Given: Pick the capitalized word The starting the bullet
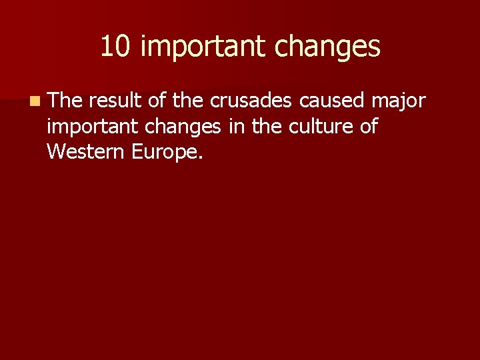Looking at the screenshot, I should pyautogui.click(x=65, y=101).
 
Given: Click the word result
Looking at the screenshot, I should pyautogui.click(x=113, y=101).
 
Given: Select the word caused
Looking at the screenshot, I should pyautogui.click(x=331, y=101).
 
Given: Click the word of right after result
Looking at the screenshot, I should pyautogui.click(x=157, y=101).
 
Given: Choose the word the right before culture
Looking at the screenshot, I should pyautogui.click(x=265, y=126).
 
